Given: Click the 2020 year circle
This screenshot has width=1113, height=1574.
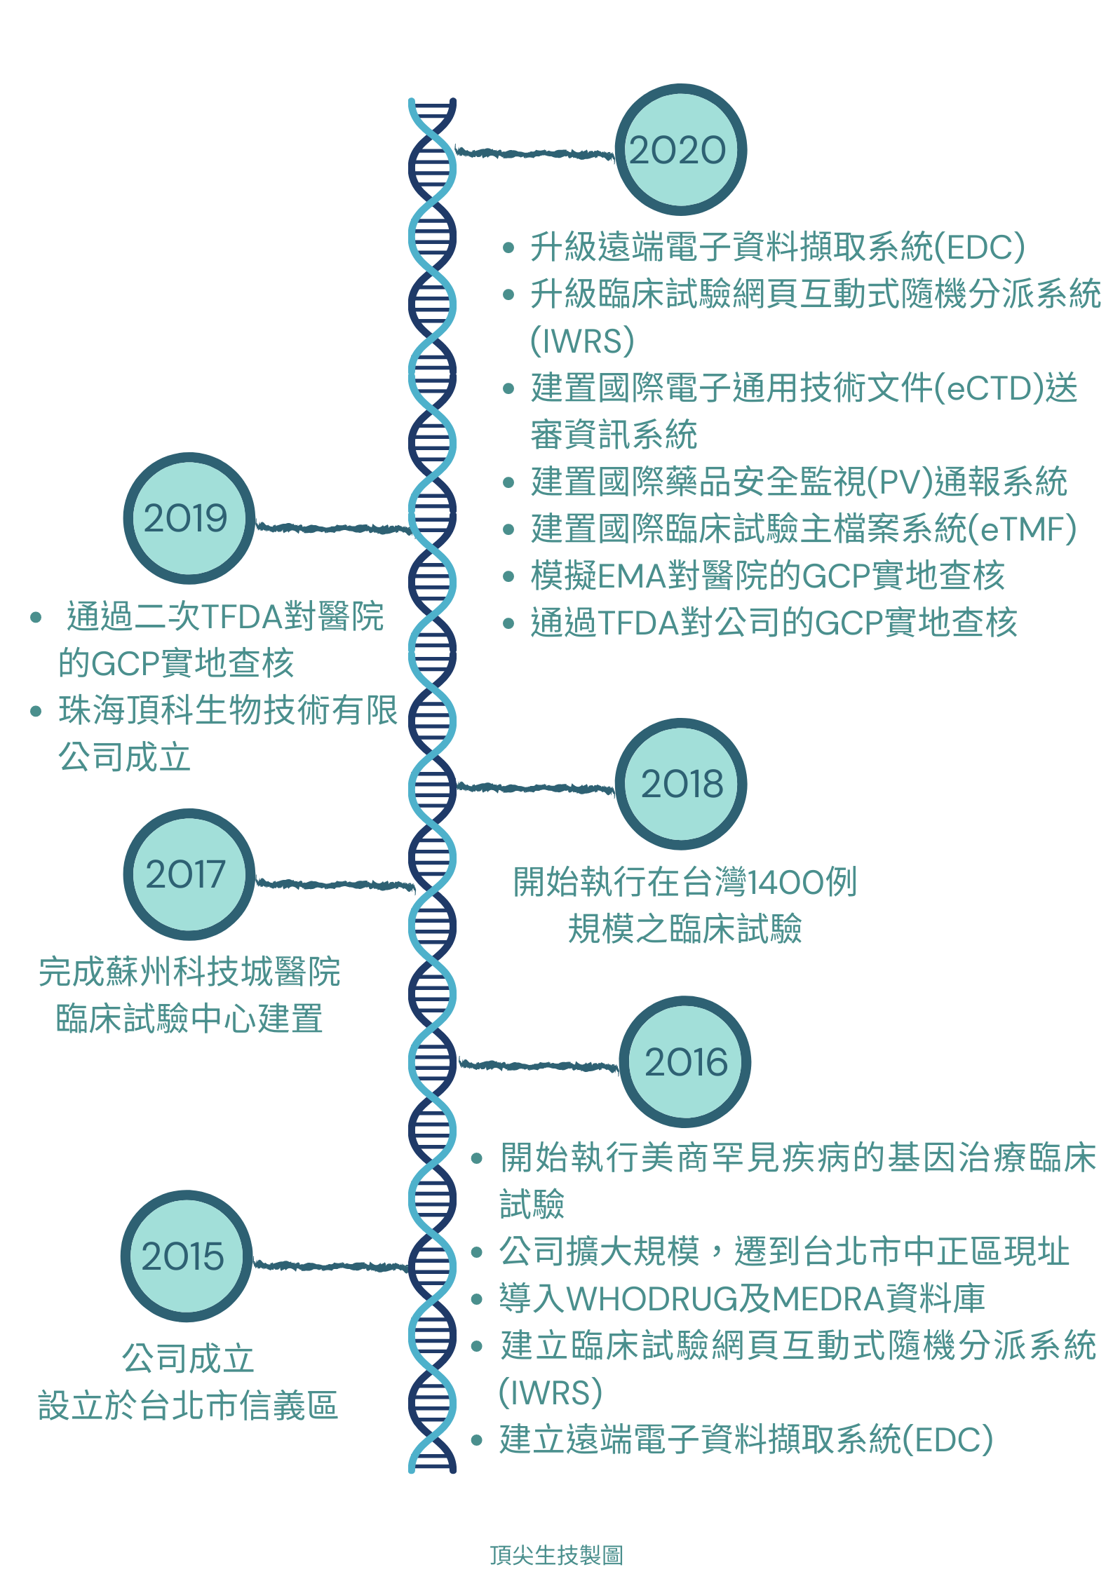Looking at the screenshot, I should (680, 150).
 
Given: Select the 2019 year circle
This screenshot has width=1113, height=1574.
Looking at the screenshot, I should (188, 518).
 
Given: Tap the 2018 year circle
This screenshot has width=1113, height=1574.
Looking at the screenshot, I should (680, 784).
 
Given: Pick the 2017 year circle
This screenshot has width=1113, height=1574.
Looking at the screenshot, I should (188, 874).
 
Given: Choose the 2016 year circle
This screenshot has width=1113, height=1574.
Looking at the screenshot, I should (684, 1061).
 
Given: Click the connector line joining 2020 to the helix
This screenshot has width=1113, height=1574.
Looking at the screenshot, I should (534, 153).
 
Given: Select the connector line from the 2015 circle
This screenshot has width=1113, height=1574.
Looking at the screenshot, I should (330, 1266).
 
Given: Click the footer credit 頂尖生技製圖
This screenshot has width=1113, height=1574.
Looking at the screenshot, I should (556, 1554).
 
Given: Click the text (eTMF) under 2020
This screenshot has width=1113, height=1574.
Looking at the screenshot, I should (1021, 529).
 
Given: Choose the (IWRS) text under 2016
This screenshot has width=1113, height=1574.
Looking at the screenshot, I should (551, 1393).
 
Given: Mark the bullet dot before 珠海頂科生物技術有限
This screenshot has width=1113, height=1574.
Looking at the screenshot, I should (36, 711).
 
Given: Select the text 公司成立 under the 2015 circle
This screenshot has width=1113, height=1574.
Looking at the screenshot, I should (188, 1359).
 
